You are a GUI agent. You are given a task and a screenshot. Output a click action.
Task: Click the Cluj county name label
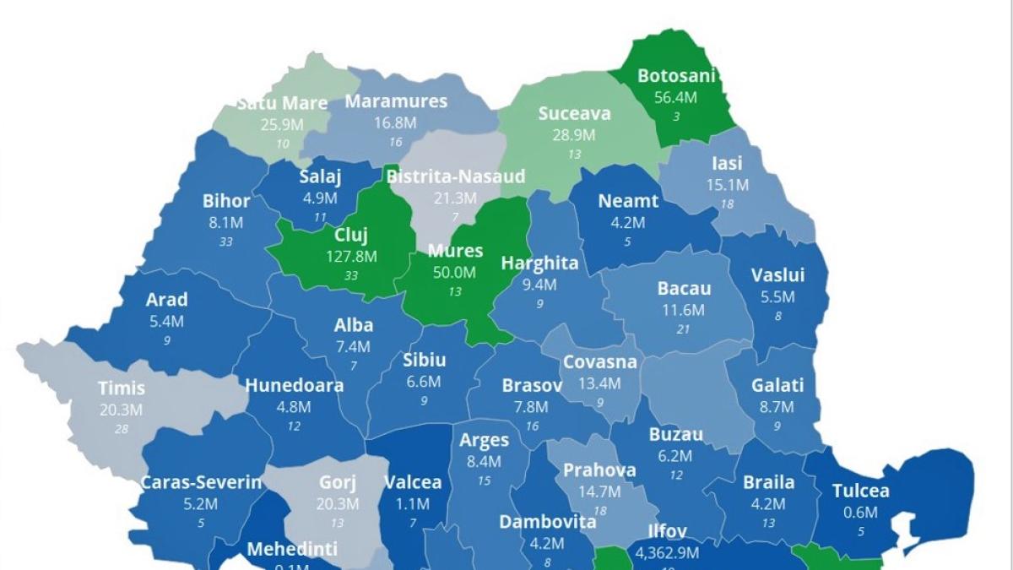tap(351, 236)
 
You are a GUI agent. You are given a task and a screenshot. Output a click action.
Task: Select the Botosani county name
tap(676, 76)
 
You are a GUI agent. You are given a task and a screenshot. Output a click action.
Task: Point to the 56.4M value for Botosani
tap(676, 97)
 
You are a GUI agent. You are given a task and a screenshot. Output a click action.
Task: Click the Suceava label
tap(574, 113)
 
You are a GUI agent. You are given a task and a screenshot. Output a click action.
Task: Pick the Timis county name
tap(122, 388)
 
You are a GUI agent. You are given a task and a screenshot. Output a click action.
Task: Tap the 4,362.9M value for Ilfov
tap(667, 553)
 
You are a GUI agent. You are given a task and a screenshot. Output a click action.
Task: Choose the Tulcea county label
tap(860, 491)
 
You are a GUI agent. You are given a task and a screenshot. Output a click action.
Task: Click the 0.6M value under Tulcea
tap(860, 513)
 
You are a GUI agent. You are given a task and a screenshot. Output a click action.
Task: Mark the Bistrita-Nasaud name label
tap(456, 176)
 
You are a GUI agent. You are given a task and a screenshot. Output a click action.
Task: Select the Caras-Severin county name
tap(201, 483)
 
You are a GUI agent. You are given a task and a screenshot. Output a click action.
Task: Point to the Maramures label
tap(396, 101)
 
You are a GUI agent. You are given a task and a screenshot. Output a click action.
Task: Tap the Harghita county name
tap(540, 263)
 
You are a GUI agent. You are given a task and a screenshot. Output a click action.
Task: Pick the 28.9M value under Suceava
tap(574, 135)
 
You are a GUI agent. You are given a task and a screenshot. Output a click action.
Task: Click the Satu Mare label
tap(282, 103)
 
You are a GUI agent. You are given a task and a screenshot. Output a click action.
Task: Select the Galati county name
tap(777, 385)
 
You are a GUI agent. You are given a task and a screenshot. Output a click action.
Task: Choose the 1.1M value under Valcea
tap(413, 504)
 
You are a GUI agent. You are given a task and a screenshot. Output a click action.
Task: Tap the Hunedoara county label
tap(294, 385)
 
